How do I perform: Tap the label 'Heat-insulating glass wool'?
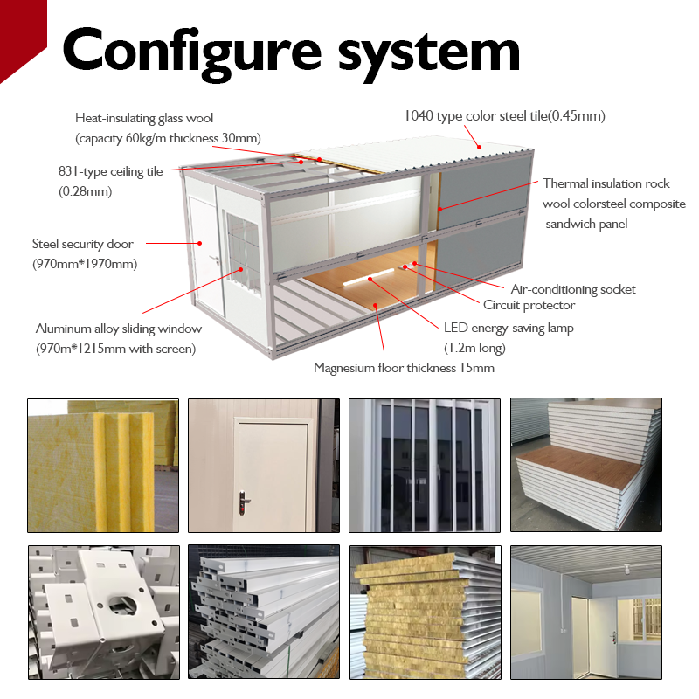coord(144,118)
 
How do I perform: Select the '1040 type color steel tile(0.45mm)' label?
coord(504,115)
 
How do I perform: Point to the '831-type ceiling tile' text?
coord(111,171)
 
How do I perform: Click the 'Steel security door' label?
coord(83,244)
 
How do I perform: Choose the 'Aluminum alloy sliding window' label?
coord(119,329)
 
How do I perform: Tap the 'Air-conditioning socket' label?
coord(573,289)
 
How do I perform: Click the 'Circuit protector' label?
coord(529,305)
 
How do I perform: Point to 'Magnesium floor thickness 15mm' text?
coord(404,368)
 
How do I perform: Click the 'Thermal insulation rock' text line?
coord(606,183)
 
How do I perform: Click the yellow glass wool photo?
coord(103,465)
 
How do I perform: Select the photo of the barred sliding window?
coord(425,465)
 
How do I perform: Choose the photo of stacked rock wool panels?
coord(425,612)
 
